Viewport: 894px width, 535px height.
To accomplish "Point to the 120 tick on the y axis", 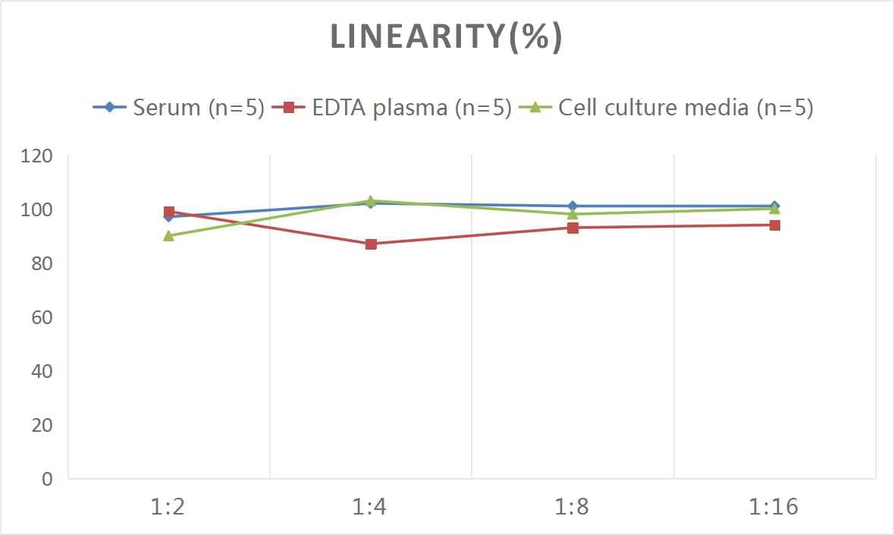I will tap(36, 156).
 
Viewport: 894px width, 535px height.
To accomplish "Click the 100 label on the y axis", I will tap(36, 210).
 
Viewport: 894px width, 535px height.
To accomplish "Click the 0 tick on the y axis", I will tap(47, 479).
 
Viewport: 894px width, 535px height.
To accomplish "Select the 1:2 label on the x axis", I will tap(168, 506).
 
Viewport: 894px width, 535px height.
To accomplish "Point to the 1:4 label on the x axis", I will tap(370, 506).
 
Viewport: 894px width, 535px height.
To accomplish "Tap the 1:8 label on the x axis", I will tap(572, 506).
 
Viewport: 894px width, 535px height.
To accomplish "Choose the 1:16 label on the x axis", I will tap(774, 506).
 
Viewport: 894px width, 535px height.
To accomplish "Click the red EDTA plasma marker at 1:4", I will tap(371, 244).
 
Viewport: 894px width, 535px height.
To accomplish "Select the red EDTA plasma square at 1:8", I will tap(572, 228).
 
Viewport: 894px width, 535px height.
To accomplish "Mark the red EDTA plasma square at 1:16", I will tap(774, 225).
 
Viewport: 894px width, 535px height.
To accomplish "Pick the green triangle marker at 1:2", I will tap(169, 236).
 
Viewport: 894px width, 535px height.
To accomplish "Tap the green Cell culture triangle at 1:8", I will tap(572, 214).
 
